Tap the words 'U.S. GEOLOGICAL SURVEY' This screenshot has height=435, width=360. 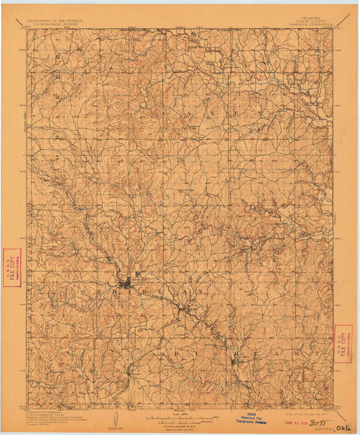[x=54, y=25]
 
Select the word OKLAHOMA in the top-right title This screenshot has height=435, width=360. [x=315, y=20]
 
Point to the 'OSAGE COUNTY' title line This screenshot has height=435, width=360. [x=315, y=24]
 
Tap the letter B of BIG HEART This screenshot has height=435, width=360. [x=176, y=353]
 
